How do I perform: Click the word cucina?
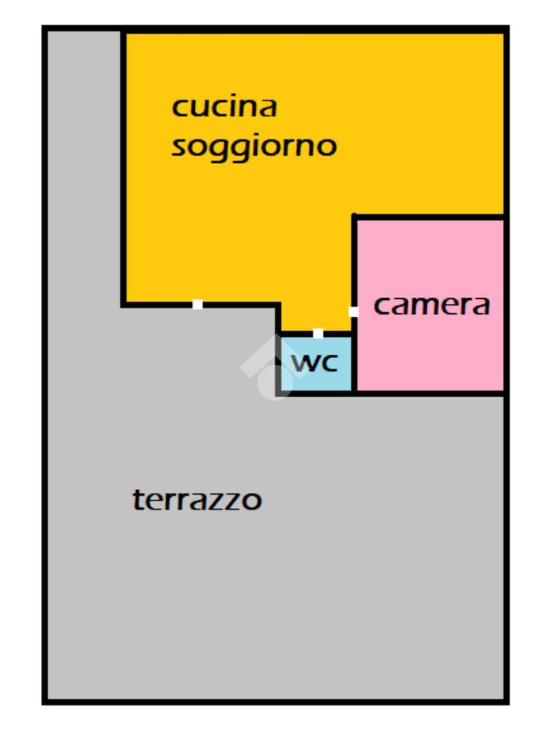coord(224,107)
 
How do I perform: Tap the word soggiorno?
coord(254,146)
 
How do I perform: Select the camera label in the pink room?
coord(432,305)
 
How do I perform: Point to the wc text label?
coord(314,363)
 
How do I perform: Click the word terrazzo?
coord(197,499)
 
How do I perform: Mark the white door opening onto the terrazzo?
coord(197,305)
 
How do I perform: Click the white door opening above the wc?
coord(317,333)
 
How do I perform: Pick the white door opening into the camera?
coord(353,311)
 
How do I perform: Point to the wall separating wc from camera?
coord(354,362)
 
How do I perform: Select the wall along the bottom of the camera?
coord(430,393)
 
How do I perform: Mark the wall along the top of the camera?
coord(430,216)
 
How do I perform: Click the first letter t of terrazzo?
coord(137,499)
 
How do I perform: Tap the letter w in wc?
coord(303,363)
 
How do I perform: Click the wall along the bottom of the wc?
coord(315,393)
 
